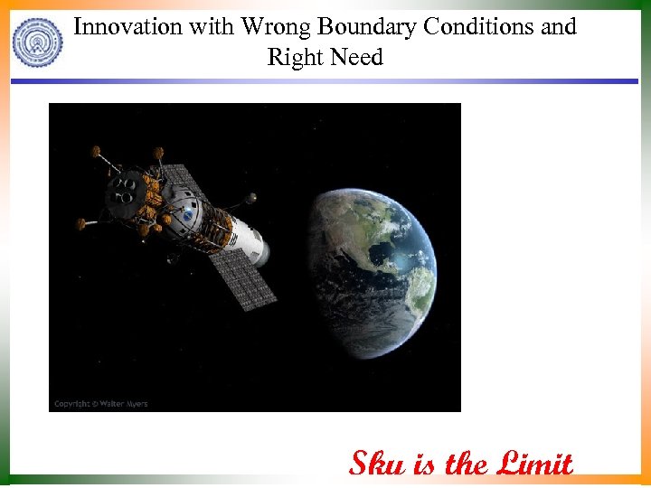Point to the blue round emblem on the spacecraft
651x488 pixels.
187,218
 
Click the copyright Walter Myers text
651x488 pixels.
100,403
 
